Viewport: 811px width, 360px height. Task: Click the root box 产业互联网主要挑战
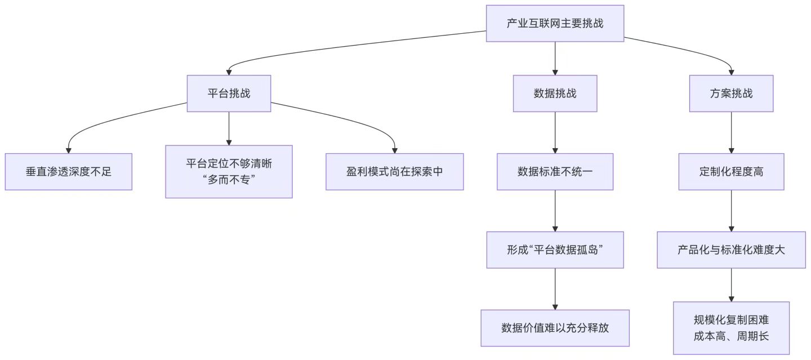pyautogui.click(x=555, y=23)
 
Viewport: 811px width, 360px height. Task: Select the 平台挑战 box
pyautogui.click(x=229, y=94)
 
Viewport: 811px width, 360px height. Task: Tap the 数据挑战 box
pyautogui.click(x=555, y=94)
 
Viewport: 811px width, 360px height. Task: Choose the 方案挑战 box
pyautogui.click(x=731, y=94)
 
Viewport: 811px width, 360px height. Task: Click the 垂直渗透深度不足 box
pyautogui.click(x=68, y=172)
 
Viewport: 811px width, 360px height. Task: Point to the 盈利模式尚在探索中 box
pyautogui.click(x=394, y=172)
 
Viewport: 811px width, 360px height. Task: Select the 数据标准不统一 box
pyautogui.click(x=555, y=172)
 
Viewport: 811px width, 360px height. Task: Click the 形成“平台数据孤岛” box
pyautogui.click(x=555, y=250)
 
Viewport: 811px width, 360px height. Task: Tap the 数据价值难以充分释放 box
pyautogui.click(x=555, y=328)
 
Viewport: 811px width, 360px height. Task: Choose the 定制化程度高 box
pyautogui.click(x=731, y=172)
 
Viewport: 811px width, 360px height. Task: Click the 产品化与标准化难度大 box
pyautogui.click(x=731, y=250)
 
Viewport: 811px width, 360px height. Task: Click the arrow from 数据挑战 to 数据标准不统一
pyautogui.click(x=555, y=132)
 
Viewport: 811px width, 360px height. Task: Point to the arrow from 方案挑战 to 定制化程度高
pyautogui.click(x=731, y=132)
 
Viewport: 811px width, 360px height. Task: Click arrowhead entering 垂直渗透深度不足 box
pyautogui.click(x=68, y=150)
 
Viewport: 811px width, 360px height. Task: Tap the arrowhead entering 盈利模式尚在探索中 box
pyautogui.click(x=394, y=150)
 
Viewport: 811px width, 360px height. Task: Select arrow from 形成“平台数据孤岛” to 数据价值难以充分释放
pyautogui.click(x=555, y=288)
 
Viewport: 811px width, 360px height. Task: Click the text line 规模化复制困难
pyautogui.click(x=731, y=321)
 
